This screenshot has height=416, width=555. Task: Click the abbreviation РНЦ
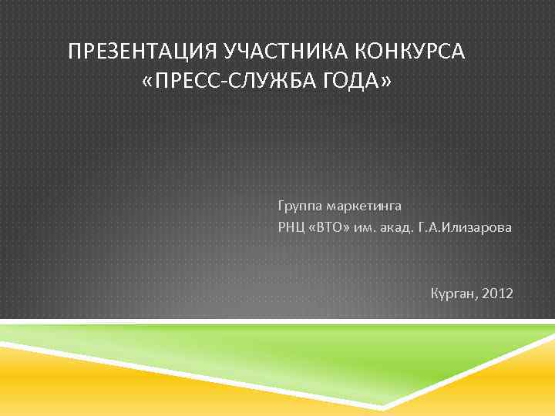pyautogui.click(x=291, y=228)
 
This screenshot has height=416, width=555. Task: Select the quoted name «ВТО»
pyautogui.click(x=329, y=228)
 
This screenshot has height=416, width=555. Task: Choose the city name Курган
pyautogui.click(x=453, y=294)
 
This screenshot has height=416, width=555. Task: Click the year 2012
pyautogui.click(x=496, y=294)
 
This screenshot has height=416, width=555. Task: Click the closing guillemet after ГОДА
pyautogui.click(x=386, y=82)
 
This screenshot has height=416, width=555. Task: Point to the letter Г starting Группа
pyautogui.click(x=281, y=206)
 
